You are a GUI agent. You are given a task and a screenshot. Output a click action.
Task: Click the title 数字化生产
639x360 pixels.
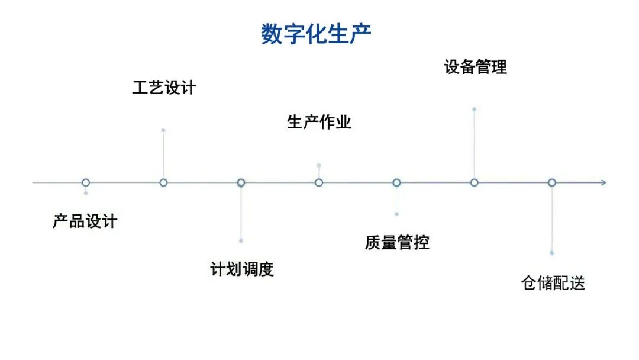click(317, 34)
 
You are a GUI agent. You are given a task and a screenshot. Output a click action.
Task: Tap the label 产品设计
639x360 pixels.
click(85, 222)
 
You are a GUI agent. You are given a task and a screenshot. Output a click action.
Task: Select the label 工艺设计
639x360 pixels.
click(164, 88)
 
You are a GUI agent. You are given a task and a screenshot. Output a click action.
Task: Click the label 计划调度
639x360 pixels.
click(242, 269)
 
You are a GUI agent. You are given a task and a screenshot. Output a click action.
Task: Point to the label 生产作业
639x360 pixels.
click(319, 123)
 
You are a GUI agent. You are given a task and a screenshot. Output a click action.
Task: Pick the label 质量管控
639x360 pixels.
click(397, 242)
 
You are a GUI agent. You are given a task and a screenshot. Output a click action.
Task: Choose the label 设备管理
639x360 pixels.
click(475, 67)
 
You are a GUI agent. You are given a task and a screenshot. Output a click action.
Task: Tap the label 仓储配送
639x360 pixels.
click(553, 283)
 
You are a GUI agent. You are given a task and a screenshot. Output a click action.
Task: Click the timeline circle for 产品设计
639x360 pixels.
click(86, 182)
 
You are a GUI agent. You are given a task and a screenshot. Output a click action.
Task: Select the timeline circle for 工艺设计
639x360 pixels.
click(163, 182)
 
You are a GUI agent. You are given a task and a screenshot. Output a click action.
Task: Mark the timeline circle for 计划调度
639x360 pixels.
click(241, 182)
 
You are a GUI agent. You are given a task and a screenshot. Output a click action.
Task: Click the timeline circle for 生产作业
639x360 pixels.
click(319, 182)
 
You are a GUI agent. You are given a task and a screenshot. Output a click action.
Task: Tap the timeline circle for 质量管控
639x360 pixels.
click(396, 182)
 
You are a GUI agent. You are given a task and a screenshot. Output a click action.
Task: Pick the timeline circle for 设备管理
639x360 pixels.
click(474, 182)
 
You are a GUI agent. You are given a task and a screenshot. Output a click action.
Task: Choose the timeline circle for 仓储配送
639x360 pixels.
click(551, 182)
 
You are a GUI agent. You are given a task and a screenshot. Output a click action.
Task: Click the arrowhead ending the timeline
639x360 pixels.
click(603, 182)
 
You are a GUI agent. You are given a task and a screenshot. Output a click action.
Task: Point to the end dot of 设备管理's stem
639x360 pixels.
click(474, 109)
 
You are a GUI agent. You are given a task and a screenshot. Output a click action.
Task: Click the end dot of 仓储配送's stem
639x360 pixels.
click(552, 253)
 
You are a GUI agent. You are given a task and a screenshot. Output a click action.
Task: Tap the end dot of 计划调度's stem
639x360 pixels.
click(241, 240)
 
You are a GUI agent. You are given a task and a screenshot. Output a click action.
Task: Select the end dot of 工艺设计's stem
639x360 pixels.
click(163, 130)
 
